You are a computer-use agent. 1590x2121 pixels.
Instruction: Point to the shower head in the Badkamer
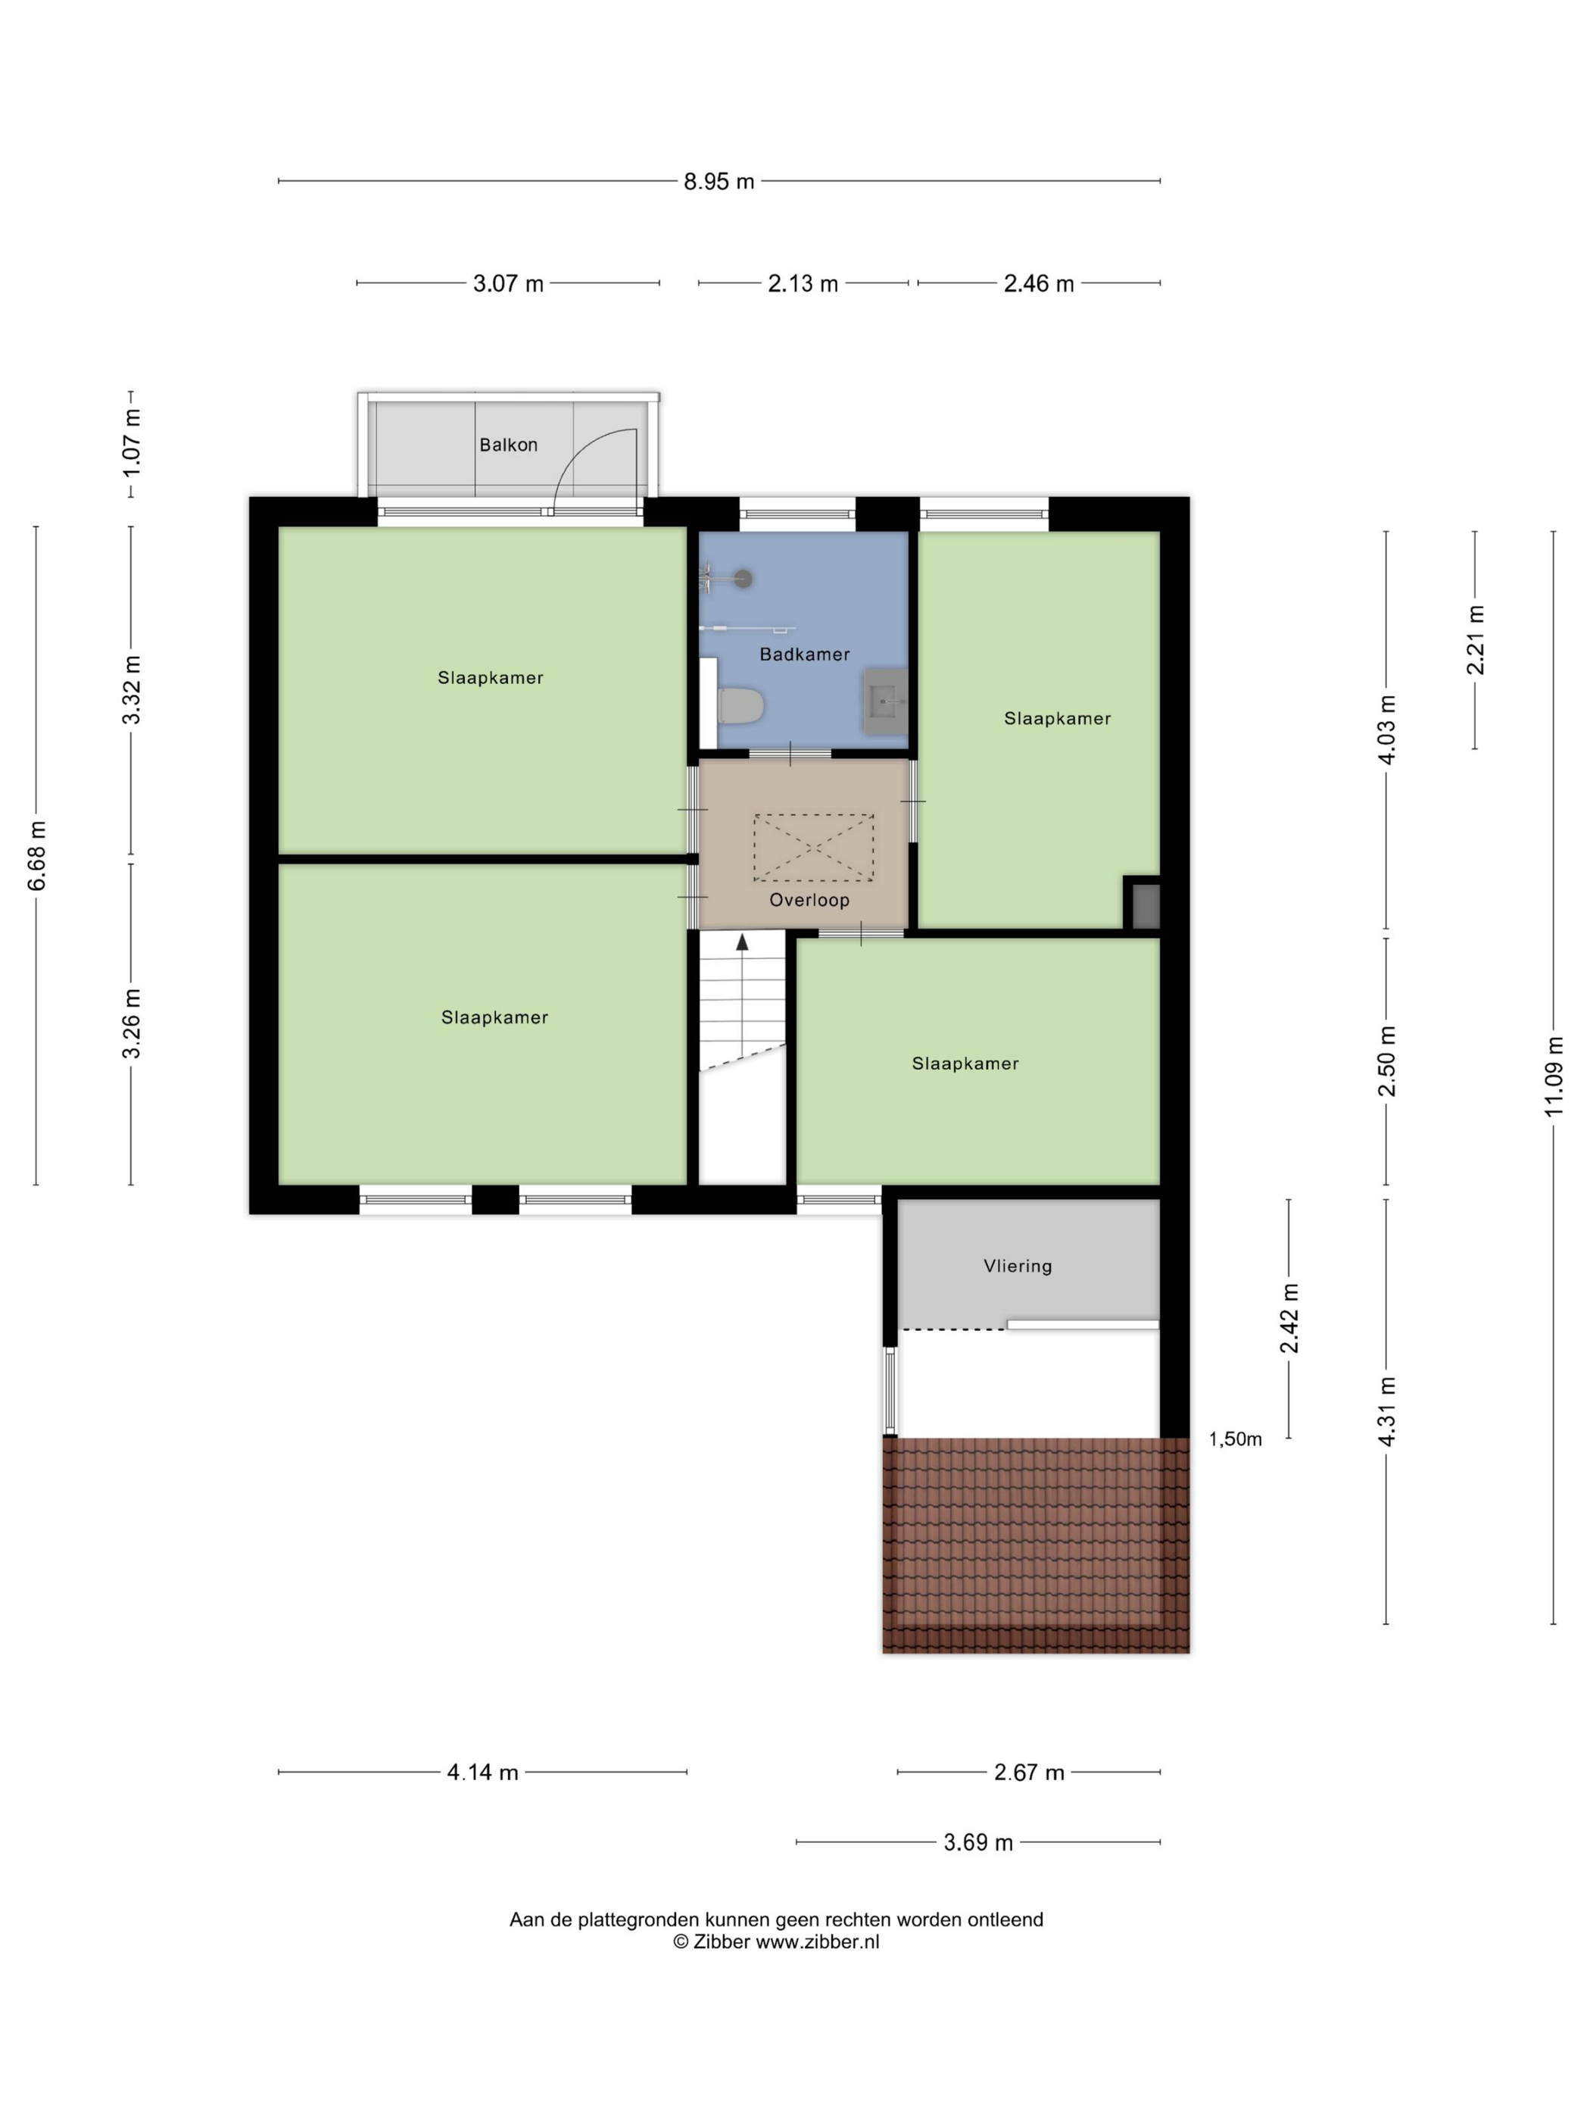click(743, 578)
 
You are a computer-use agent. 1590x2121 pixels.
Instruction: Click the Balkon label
click(508, 445)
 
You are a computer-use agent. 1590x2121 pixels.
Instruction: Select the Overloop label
click(809, 899)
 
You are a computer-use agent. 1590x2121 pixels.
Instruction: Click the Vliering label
click(1017, 1266)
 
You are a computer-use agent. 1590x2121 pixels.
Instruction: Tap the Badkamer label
click(804, 654)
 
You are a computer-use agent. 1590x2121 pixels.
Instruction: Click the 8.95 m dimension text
click(719, 181)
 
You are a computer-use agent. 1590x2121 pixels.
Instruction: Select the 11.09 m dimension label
click(1554, 1076)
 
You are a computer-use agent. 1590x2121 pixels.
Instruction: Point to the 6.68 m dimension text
click(36, 855)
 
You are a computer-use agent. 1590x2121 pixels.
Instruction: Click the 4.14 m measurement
click(482, 1772)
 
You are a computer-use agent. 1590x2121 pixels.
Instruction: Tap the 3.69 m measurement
click(977, 1842)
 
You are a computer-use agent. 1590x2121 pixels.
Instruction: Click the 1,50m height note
click(1234, 1438)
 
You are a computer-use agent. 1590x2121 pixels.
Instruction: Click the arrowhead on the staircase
click(742, 942)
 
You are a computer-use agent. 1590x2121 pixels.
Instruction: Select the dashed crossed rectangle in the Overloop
click(812, 847)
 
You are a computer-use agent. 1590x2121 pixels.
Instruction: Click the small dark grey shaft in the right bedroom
click(1146, 906)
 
